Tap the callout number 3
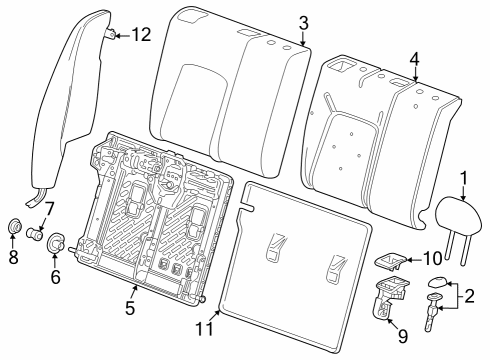(x=303, y=22)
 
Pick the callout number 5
(x=131, y=308)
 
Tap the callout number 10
(x=418, y=259)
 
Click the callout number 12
(x=141, y=36)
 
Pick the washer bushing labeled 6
(x=57, y=242)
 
